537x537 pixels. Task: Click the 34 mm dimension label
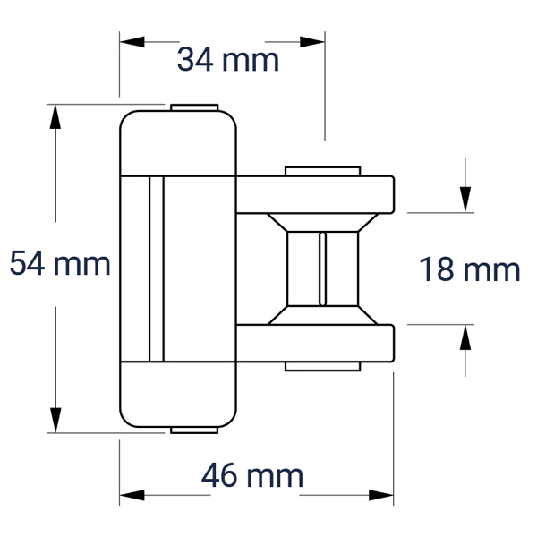(x=228, y=60)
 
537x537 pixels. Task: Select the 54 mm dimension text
(x=60, y=263)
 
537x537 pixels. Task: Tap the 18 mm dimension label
(x=470, y=269)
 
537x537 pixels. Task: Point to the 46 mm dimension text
(x=252, y=475)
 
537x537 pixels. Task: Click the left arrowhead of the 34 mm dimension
(x=132, y=42)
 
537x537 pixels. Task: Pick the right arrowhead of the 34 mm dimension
(x=312, y=42)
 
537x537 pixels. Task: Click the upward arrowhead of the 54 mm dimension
(x=55, y=116)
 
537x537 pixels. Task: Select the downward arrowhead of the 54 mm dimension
(x=55, y=421)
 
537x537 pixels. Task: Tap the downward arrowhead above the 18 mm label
(x=465, y=200)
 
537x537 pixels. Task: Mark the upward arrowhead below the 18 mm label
(x=465, y=337)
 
